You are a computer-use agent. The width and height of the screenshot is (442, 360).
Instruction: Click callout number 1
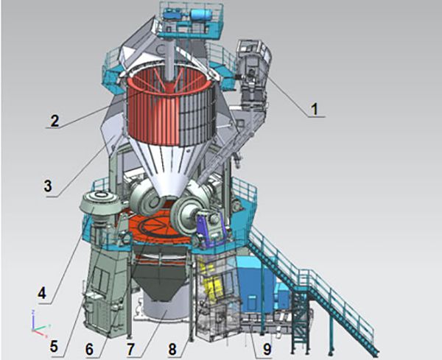coord(315,109)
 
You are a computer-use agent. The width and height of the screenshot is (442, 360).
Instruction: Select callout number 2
coord(55,121)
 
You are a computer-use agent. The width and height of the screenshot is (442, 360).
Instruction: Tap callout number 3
coord(48,186)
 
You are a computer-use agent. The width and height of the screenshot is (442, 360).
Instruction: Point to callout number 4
coord(42,294)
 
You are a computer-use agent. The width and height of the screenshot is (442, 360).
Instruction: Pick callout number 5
coord(54,347)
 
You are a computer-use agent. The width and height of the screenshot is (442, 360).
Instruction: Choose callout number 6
coord(89,350)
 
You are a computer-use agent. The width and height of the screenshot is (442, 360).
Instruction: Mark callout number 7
coord(130,350)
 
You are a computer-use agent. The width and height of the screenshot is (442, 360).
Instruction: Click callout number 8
coord(172,350)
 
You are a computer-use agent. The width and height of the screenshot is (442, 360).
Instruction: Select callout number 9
coord(267,349)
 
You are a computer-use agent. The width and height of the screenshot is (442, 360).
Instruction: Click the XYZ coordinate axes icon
coord(39,324)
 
